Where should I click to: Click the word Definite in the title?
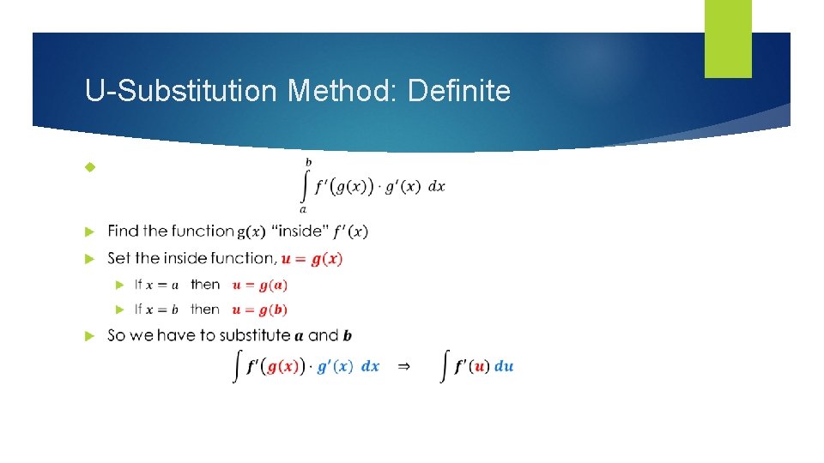click(x=459, y=91)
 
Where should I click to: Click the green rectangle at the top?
click(x=728, y=39)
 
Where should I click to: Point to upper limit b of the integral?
click(x=309, y=162)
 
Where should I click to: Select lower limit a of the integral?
click(x=303, y=208)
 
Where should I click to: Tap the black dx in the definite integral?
click(x=436, y=186)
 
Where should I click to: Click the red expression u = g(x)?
click(x=312, y=258)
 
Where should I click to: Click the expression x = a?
click(x=162, y=285)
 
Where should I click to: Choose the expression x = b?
click(x=162, y=310)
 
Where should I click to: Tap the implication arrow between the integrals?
click(x=403, y=366)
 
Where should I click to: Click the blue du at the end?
click(x=504, y=366)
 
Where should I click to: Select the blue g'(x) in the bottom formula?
click(x=335, y=366)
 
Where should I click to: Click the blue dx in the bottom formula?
click(x=370, y=366)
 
